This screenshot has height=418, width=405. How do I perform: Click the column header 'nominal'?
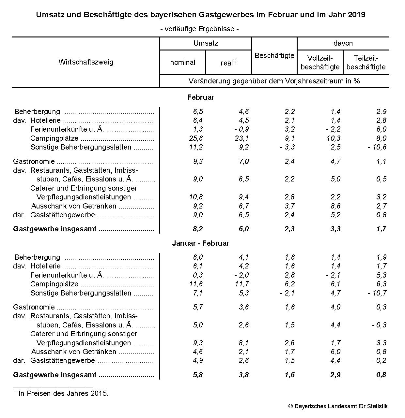tap(182, 63)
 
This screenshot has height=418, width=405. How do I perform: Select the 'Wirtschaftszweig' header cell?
tap(86, 62)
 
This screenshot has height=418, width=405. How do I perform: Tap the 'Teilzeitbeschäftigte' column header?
tap(366, 63)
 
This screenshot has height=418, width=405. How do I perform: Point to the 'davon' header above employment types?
tap(343, 43)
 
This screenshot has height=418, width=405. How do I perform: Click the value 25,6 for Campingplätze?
tap(196, 138)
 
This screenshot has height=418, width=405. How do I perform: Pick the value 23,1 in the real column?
tap(242, 138)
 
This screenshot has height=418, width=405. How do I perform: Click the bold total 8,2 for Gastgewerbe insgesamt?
tap(198, 229)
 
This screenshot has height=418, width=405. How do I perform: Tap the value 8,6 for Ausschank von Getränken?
tap(335, 206)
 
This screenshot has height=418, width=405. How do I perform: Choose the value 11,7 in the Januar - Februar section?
tap(242, 284)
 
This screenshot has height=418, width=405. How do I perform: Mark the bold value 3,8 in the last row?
tap(244, 375)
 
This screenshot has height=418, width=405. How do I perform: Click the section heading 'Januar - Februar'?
tap(201, 243)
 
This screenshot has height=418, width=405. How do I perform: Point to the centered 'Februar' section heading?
tap(201, 97)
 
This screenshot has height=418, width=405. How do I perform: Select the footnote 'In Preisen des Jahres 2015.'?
tap(63, 394)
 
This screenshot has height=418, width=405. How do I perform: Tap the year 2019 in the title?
tap(356, 15)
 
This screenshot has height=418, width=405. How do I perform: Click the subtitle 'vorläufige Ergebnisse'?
tap(199, 29)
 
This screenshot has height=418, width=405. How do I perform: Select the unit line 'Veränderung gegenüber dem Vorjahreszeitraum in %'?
tap(274, 81)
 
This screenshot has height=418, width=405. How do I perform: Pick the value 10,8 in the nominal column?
tap(196, 197)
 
